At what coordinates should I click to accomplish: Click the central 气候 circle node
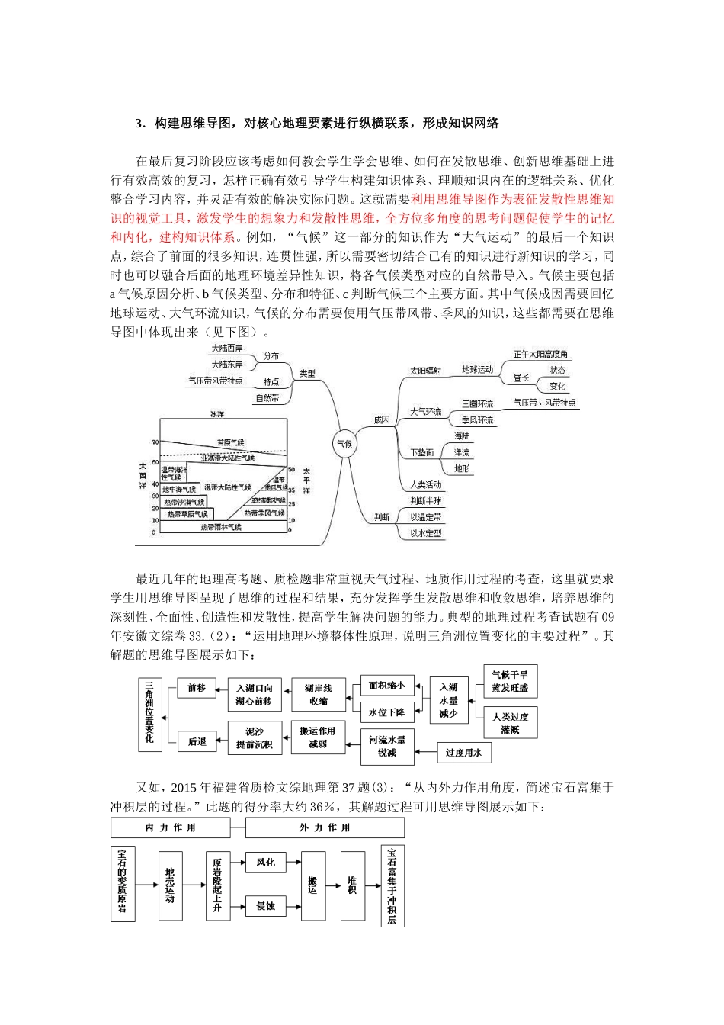click(x=344, y=443)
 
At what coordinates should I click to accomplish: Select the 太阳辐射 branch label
click(x=426, y=371)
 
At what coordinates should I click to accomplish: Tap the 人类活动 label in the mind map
click(x=426, y=484)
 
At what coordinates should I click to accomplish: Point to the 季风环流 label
click(x=478, y=420)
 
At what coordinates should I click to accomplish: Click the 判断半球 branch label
click(x=426, y=501)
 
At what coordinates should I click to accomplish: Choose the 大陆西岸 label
click(x=227, y=349)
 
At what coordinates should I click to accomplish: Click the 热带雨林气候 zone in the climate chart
click(x=221, y=527)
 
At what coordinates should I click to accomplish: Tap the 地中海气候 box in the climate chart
click(x=179, y=489)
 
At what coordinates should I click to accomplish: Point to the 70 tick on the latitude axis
click(x=154, y=442)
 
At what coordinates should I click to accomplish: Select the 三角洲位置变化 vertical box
click(x=149, y=714)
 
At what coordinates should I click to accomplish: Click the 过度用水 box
click(x=463, y=753)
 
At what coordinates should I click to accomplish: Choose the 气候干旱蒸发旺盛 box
click(x=511, y=681)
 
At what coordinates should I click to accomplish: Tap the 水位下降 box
click(x=387, y=712)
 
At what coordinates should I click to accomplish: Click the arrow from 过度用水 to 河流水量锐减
click(x=425, y=748)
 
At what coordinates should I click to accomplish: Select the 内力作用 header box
click(x=170, y=827)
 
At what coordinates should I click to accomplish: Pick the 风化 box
click(x=265, y=863)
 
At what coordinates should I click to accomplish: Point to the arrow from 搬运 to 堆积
click(x=331, y=885)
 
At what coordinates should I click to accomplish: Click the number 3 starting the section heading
click(x=139, y=123)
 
